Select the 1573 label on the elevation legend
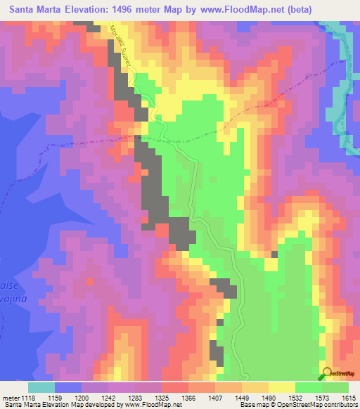[326, 397]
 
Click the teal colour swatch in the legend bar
[41, 387]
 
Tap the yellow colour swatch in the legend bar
[282, 387]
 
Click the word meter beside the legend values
[12, 397]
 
